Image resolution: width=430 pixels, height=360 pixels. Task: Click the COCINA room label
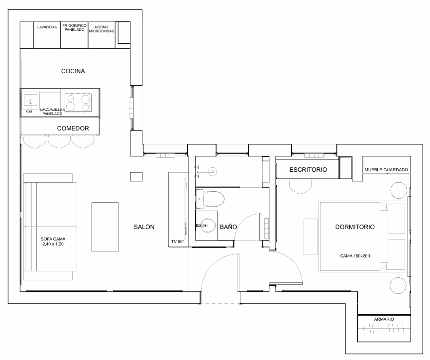coord(73,71)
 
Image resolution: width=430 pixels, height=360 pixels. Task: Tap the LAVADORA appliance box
coord(47,35)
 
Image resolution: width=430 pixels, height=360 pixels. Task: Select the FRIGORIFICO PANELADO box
coord(74,35)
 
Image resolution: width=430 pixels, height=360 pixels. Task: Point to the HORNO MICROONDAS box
coord(101,35)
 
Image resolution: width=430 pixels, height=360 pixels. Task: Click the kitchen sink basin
coord(31,101)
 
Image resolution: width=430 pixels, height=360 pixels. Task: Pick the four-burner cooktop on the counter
coord(79,102)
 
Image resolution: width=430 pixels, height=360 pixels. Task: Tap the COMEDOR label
coord(73,128)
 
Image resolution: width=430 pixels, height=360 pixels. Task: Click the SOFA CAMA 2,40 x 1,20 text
coord(53,242)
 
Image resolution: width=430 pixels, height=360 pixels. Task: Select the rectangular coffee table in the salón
coord(105,227)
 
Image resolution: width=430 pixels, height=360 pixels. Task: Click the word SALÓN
coord(144,227)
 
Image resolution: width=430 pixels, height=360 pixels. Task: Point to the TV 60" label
coord(178,241)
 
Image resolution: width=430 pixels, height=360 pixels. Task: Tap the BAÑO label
coord(228,227)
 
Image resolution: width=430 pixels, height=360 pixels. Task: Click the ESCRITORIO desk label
coord(308,170)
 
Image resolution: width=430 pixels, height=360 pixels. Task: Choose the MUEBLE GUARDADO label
coord(387,170)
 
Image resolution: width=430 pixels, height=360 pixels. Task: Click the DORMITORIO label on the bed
coord(355,227)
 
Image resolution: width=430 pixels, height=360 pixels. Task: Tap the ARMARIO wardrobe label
coord(384,319)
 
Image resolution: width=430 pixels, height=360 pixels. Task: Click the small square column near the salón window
coord(135,176)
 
